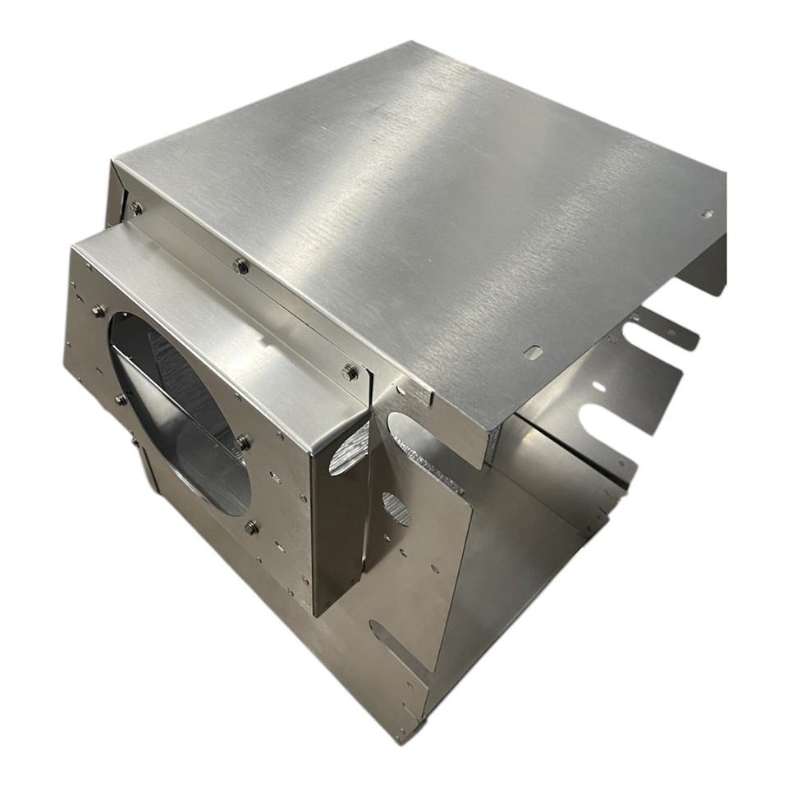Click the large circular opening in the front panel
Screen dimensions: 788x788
[181, 410]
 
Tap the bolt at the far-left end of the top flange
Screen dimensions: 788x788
[136, 208]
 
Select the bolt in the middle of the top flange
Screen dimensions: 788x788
[240, 265]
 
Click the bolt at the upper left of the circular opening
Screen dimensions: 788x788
[98, 310]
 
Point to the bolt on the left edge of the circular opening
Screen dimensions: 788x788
[120, 399]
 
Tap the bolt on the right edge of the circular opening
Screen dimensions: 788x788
[243, 442]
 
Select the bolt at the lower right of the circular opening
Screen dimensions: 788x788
[251, 527]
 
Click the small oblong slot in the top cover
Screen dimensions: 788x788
[534, 352]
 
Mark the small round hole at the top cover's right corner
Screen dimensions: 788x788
[706, 214]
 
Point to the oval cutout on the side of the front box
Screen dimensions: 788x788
[346, 459]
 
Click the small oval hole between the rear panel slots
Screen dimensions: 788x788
[599, 386]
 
